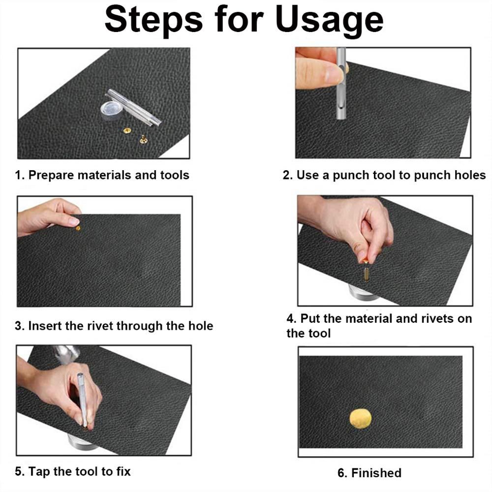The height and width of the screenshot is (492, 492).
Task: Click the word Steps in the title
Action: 154,20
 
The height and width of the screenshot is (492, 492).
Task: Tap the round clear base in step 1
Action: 111,110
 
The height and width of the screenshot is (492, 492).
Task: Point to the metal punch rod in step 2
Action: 341,84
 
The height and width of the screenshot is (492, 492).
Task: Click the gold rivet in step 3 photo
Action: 78,228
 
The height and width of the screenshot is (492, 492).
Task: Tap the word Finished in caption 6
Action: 376,473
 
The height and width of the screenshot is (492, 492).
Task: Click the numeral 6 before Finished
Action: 341,473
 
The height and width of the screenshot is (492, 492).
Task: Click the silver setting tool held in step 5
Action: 82,399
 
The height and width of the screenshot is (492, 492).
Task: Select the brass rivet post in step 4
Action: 367,273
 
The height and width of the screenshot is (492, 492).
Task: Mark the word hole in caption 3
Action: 201,326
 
